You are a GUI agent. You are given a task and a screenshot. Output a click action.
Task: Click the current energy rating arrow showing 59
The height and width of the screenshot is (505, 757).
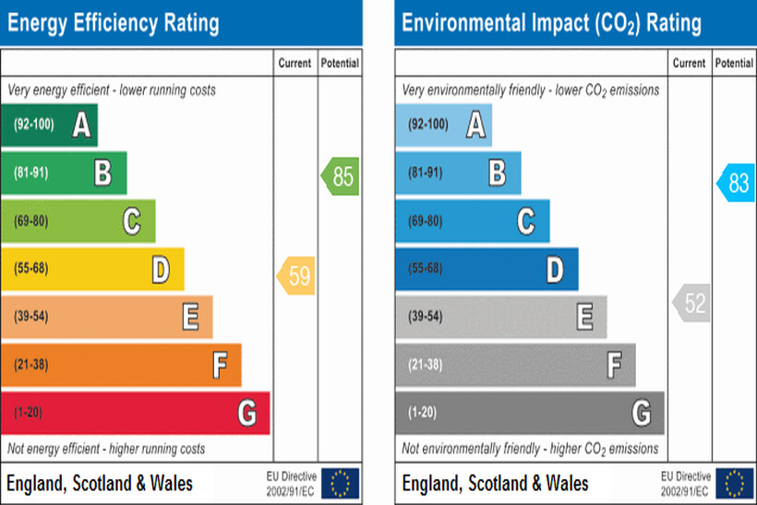296,275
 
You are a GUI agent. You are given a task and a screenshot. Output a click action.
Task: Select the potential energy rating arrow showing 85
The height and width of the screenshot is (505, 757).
341,176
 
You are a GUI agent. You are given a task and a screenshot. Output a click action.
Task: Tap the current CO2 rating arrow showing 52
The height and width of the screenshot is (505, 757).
691,304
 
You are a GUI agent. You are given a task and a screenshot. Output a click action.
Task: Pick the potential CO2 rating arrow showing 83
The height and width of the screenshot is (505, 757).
736,183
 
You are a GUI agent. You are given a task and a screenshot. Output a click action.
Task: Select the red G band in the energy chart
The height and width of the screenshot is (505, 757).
135,413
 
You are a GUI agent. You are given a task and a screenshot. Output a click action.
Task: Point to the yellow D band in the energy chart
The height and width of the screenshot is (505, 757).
92,269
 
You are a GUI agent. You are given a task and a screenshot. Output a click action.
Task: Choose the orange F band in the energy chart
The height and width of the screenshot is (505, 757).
121,365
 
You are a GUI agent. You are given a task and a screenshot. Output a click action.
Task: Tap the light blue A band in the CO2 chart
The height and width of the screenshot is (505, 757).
443,125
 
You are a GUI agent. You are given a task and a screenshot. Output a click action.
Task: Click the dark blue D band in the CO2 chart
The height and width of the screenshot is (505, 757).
487,269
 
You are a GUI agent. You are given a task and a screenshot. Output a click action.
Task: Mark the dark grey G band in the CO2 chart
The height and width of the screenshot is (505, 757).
529,413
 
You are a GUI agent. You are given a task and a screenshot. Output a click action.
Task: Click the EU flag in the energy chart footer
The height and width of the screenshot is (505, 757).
341,483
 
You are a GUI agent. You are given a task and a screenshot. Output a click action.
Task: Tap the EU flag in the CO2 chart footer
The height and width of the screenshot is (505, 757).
735,483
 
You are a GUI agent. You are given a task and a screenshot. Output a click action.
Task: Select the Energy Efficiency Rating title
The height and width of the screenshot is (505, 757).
114,22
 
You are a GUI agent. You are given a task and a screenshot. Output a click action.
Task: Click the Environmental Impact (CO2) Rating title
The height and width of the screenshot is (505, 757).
551,22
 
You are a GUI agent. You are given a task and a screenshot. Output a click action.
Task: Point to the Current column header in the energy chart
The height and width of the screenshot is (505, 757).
295,64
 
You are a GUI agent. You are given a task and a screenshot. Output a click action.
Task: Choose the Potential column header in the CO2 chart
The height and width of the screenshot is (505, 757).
734,64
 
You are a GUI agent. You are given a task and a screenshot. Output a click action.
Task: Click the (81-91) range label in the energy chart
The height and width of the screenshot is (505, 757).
30,173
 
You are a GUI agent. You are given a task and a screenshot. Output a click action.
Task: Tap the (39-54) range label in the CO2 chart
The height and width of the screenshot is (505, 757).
425,317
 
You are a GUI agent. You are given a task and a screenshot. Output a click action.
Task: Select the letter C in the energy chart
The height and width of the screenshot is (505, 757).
132,221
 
